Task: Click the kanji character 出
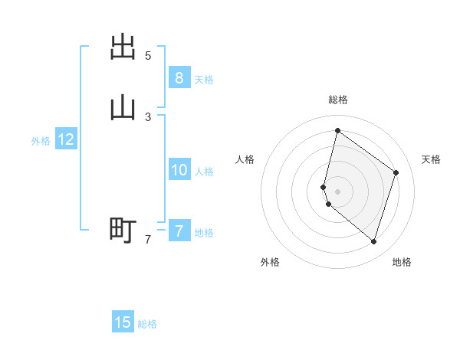[123, 47]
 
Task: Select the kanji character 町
[123, 229]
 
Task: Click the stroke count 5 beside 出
[148, 55]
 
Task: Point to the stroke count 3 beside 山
[148, 116]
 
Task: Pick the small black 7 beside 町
[148, 240]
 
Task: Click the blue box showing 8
[179, 78]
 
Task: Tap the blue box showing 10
[179, 170]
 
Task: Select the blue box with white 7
[179, 231]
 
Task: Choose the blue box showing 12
[65, 139]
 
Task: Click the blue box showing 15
[123, 322]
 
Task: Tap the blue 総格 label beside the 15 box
[147, 324]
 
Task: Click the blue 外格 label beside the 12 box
[41, 141]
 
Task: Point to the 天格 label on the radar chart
[431, 159]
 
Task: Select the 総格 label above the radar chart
[338, 100]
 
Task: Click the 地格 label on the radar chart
[402, 262]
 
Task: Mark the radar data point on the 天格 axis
[396, 172]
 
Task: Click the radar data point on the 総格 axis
[337, 131]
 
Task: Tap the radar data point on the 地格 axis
[373, 242]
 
